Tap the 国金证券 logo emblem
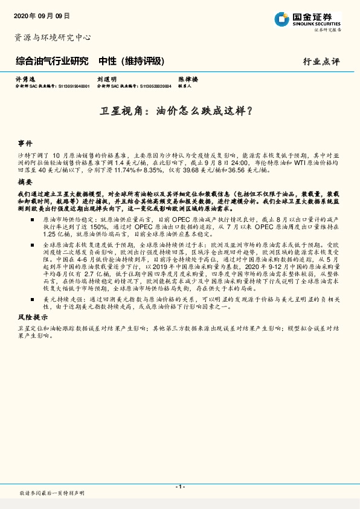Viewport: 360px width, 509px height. (281, 19)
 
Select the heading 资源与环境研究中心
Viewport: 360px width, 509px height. (53, 37)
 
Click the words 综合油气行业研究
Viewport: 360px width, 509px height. (52, 62)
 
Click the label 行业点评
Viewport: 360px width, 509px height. (321, 62)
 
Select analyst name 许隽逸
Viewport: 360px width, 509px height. (23, 79)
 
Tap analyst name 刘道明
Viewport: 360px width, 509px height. (106, 79)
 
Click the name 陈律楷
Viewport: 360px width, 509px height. (185, 79)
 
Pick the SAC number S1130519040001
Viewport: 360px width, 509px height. (73, 86)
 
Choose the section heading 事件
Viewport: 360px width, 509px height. (25, 144)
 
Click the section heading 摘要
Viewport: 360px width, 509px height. (25, 182)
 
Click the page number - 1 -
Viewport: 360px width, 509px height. (180, 486)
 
